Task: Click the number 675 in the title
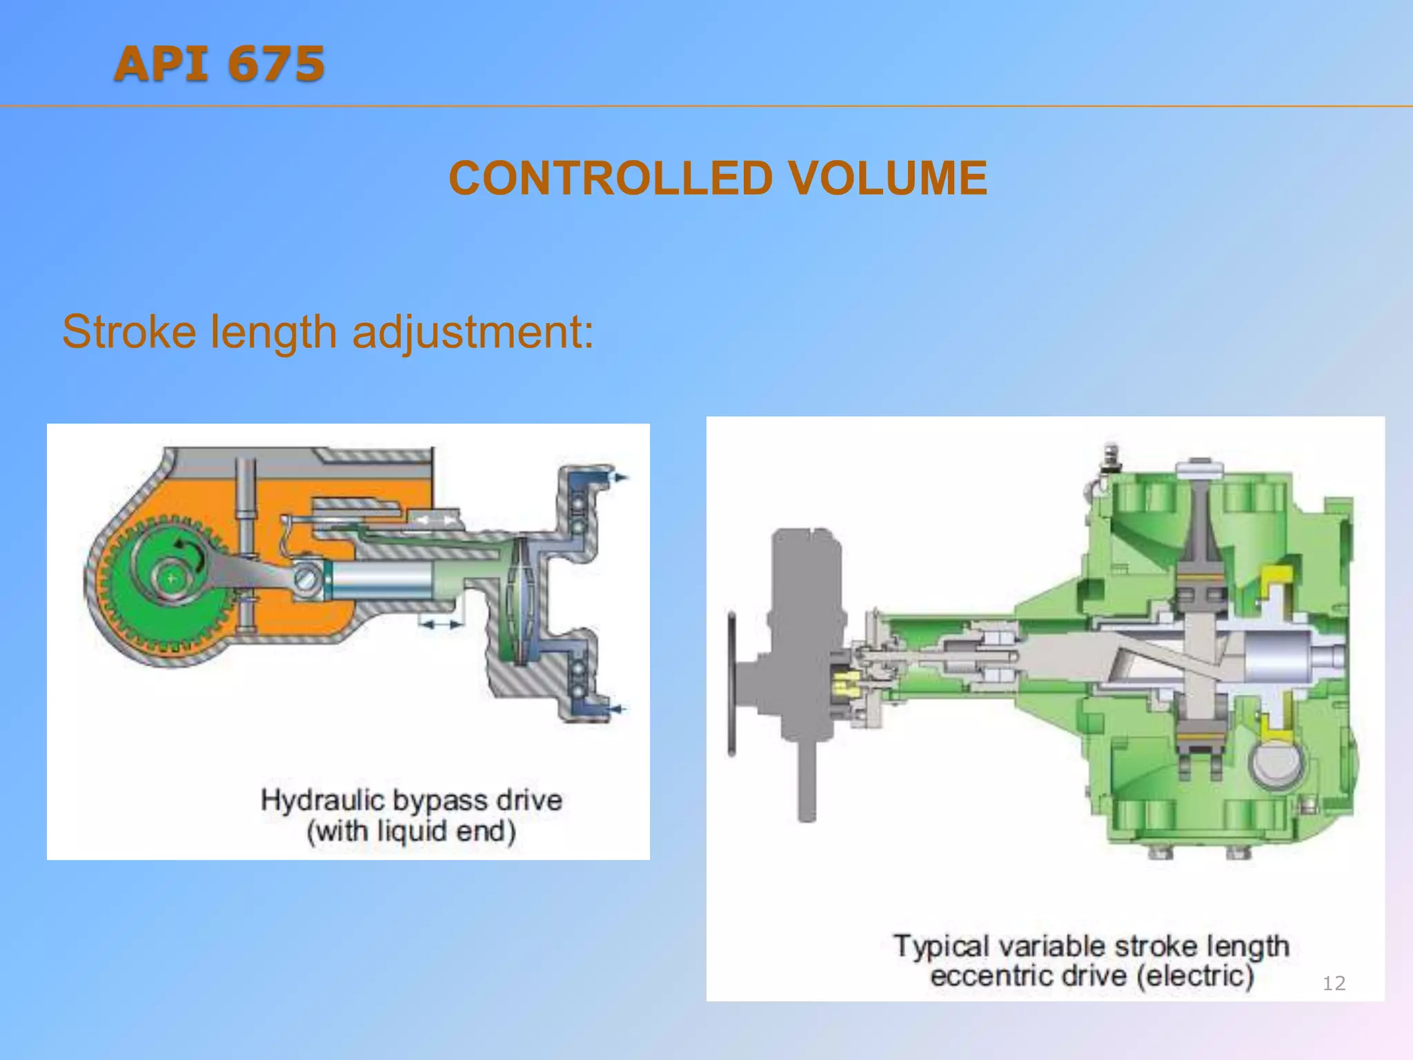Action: coord(276,64)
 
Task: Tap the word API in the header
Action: coord(162,64)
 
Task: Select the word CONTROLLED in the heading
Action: coord(611,179)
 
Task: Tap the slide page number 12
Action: coord(1334,983)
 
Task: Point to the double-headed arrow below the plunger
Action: coord(442,625)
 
